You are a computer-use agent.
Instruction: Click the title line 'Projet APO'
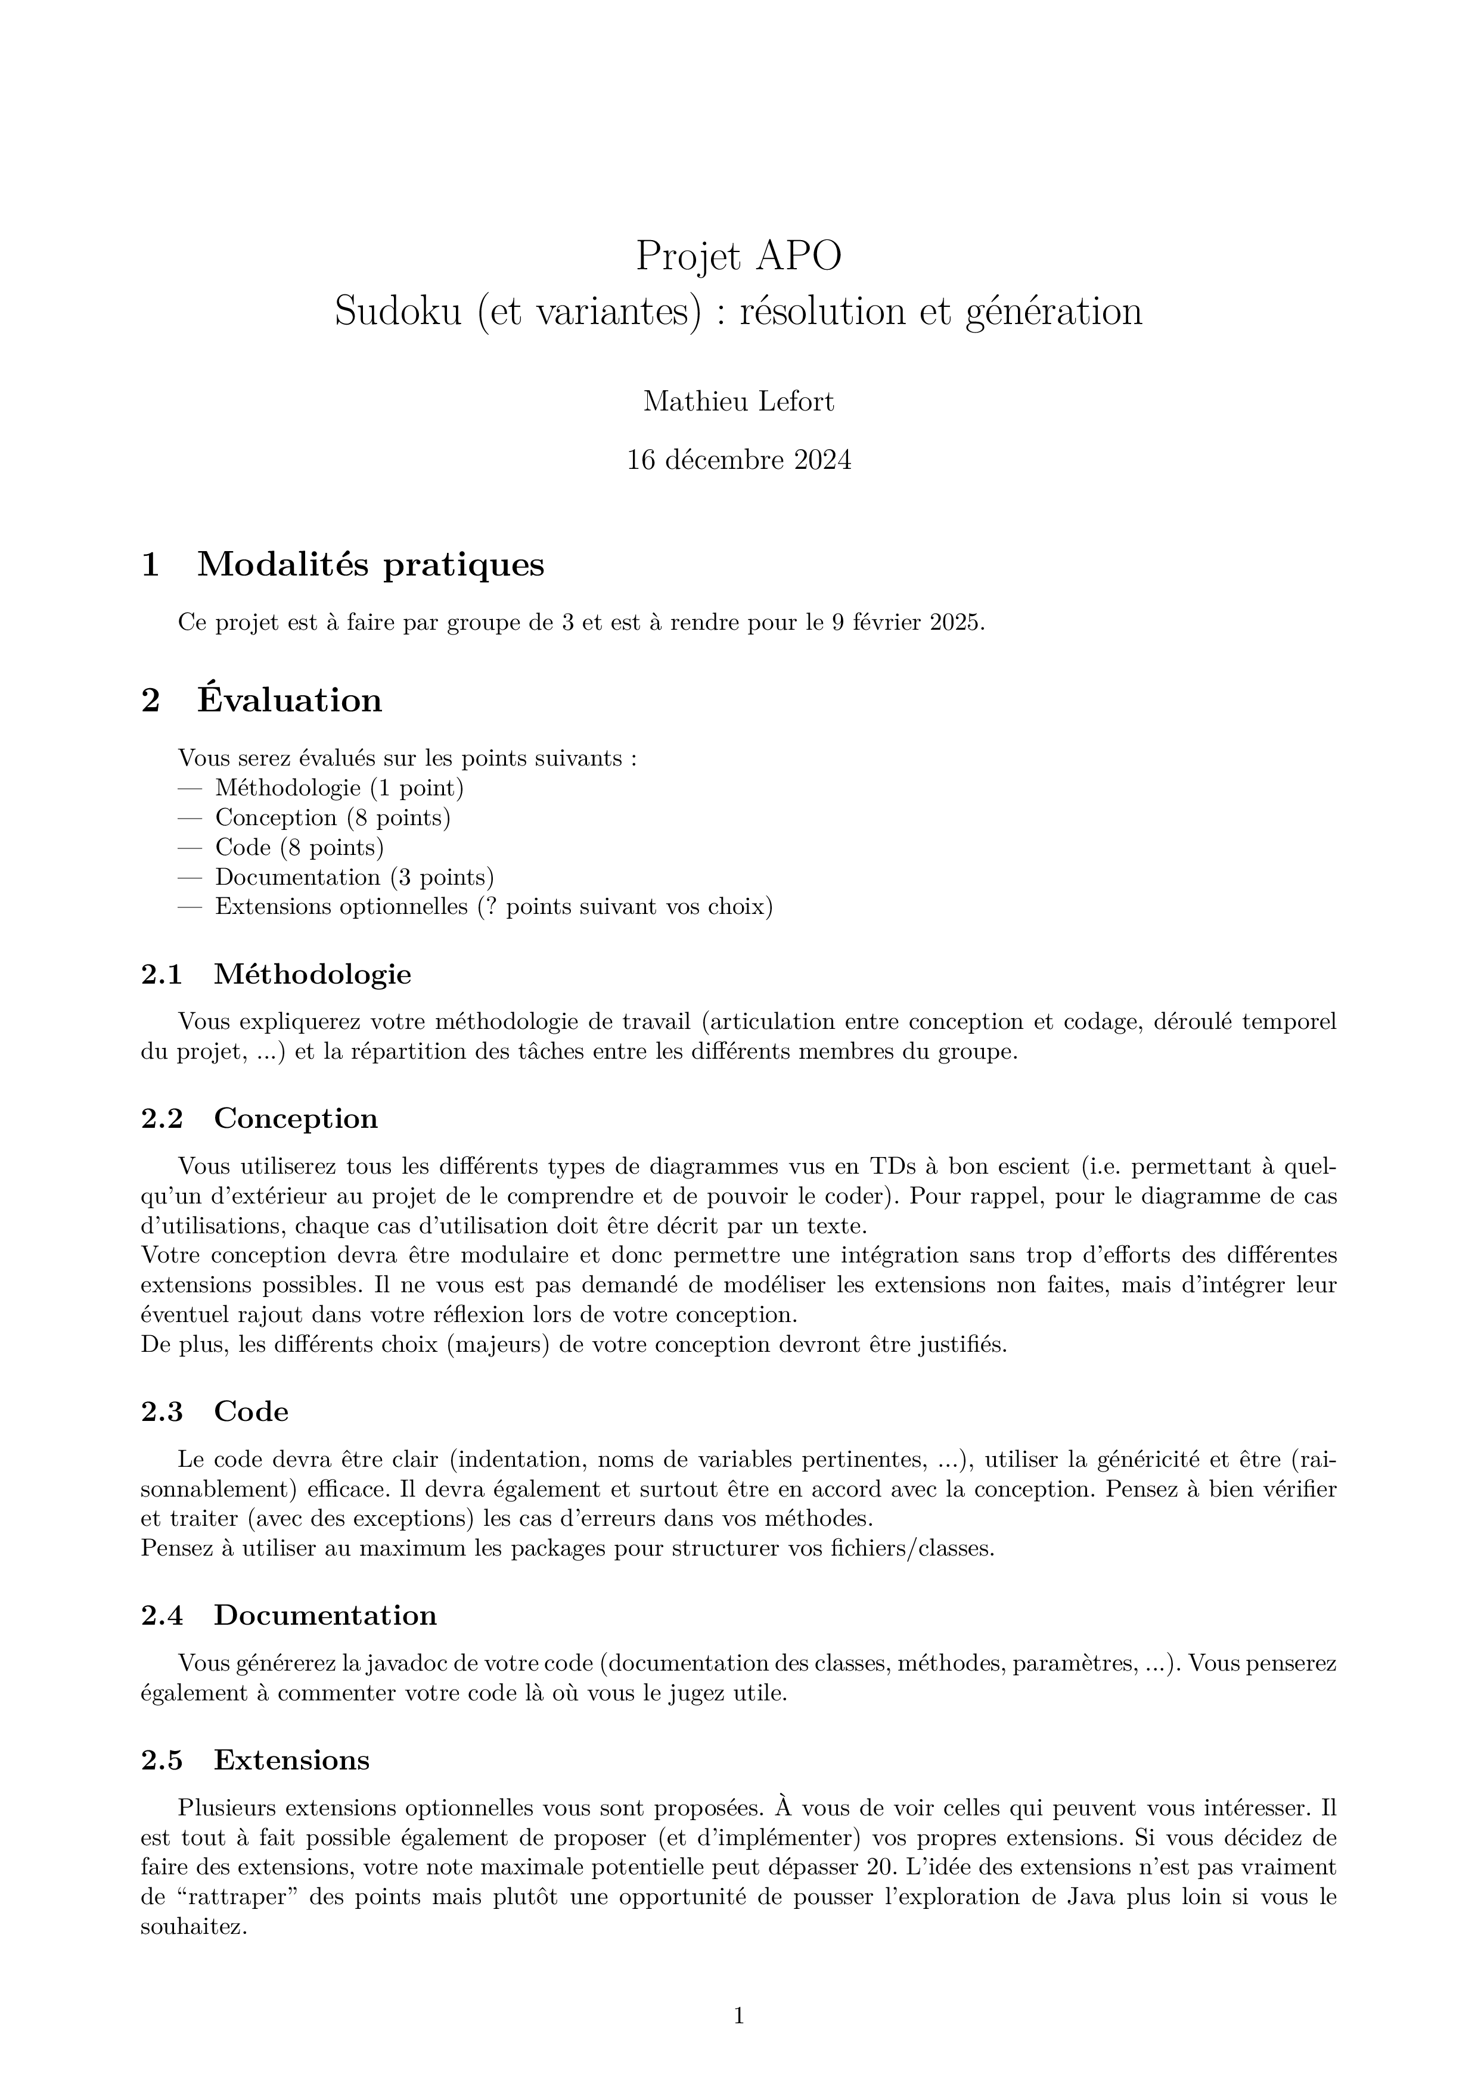(x=738, y=256)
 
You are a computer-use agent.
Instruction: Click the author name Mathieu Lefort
(x=738, y=402)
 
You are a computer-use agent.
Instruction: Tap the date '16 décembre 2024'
(x=738, y=461)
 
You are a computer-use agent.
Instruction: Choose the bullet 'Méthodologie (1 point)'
(x=340, y=788)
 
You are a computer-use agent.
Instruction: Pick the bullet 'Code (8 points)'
(x=300, y=847)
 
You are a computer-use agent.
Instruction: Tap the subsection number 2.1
(x=162, y=975)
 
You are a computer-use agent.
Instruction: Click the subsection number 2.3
(x=162, y=1412)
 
